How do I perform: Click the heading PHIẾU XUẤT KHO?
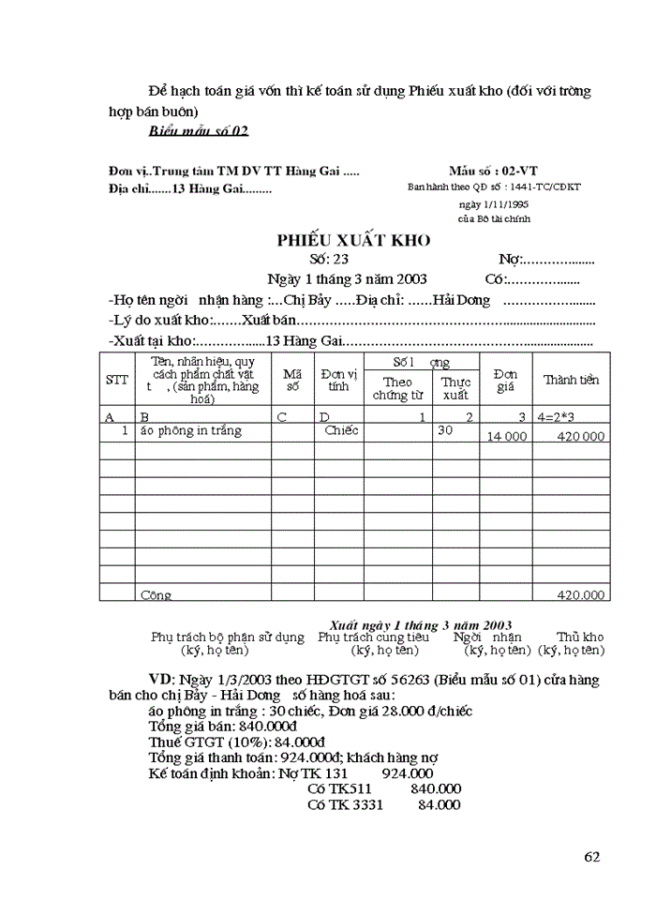tap(353, 241)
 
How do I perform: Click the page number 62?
tap(591, 856)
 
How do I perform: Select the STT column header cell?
tap(117, 380)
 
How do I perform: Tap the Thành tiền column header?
tap(571, 380)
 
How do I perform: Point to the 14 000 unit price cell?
tap(506, 437)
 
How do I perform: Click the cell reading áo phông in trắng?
tap(190, 431)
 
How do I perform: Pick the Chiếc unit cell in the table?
tap(341, 431)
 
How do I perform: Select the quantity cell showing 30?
tap(445, 431)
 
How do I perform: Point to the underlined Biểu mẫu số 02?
tap(199, 130)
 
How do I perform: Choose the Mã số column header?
tap(292, 380)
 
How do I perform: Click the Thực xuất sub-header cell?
tap(455, 388)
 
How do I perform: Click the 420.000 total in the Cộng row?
tap(581, 594)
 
